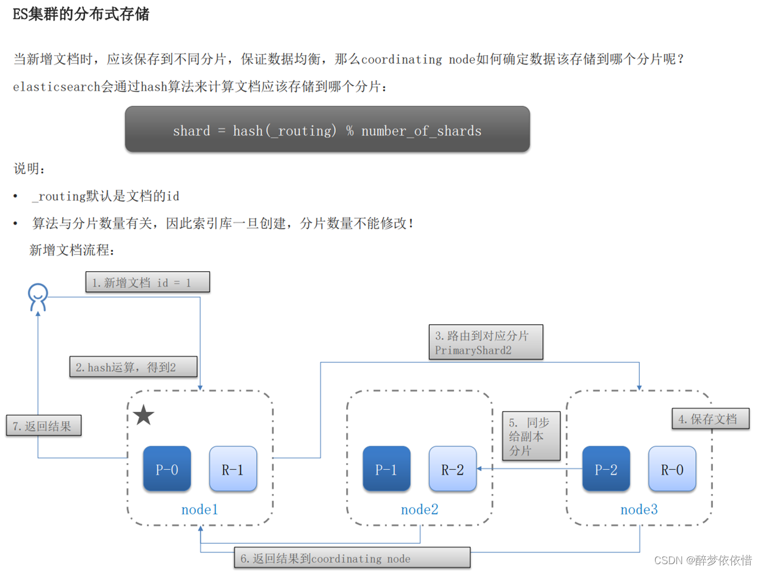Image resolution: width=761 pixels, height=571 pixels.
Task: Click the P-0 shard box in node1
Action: pos(167,469)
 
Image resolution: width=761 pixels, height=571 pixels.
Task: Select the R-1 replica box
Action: pos(233,469)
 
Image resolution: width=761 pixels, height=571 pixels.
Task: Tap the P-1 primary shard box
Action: pos(386,469)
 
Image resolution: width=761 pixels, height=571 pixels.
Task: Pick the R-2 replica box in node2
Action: pos(452,469)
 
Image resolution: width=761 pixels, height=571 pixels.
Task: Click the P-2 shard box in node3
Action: pos(606,469)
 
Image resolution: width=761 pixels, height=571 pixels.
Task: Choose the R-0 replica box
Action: pos(672,469)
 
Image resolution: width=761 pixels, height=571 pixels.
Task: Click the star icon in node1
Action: pos(144,415)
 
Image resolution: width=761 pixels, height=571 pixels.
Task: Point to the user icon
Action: pos(38,297)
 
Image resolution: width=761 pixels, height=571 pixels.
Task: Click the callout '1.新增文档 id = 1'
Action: pos(147,282)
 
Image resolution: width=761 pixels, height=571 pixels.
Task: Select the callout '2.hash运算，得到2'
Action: pos(133,367)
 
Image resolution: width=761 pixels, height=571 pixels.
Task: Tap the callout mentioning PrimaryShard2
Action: pos(486,343)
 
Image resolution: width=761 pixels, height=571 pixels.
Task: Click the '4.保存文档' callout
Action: pos(710,419)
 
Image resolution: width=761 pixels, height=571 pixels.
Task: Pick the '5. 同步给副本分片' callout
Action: pos(531,436)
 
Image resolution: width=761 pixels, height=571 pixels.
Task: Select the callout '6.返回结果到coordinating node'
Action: pos(352,558)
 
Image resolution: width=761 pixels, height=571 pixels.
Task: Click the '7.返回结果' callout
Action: pos(43,425)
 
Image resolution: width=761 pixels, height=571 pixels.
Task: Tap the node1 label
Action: pos(199,509)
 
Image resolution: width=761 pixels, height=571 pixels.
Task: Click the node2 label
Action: pos(419,509)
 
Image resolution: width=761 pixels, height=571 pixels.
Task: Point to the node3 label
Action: pos(639,509)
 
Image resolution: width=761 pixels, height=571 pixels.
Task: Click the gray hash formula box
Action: pos(327,130)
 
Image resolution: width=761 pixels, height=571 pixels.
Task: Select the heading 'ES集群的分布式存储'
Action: pos(81,14)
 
